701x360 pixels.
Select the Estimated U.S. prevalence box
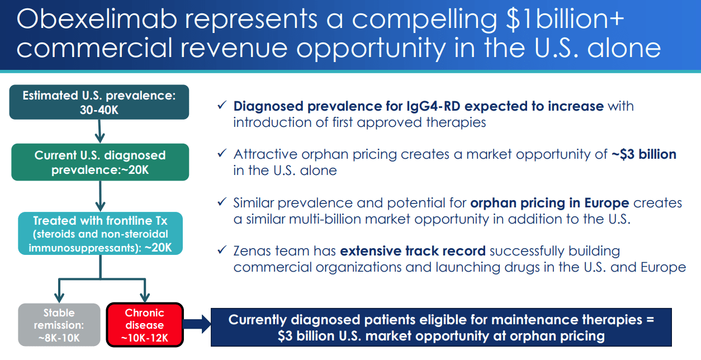99,102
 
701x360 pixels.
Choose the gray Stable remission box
59,325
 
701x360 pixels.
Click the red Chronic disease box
144,325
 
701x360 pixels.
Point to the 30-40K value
99,110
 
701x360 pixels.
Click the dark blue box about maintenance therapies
441,328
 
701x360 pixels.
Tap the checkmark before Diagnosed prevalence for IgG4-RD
222,106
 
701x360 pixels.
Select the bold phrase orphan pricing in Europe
550,202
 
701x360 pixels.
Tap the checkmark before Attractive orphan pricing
222,154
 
